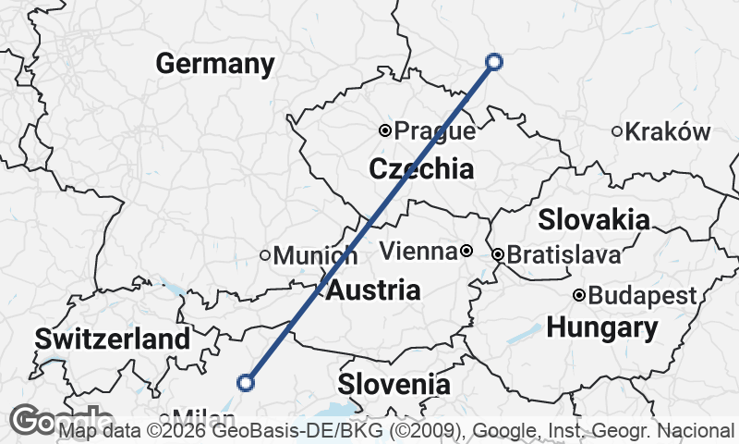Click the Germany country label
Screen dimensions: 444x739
pyautogui.click(x=214, y=65)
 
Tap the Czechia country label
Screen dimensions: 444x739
pyautogui.click(x=421, y=169)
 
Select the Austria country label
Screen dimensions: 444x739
pyautogui.click(x=373, y=290)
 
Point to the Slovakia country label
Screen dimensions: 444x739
pyautogui.click(x=594, y=220)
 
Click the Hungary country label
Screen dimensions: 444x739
pyautogui.click(x=602, y=327)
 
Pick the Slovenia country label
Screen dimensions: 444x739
pyautogui.click(x=394, y=384)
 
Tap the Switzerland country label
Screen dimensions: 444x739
pyautogui.click(x=112, y=339)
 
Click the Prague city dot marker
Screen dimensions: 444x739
pyautogui.click(x=385, y=130)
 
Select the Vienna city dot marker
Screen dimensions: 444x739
pyautogui.click(x=466, y=251)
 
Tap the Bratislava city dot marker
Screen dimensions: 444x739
pyautogui.click(x=498, y=253)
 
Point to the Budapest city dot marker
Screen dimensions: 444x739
pyautogui.click(x=579, y=296)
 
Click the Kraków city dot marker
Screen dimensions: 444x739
pyautogui.click(x=617, y=131)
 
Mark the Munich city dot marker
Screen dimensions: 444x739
pyautogui.click(x=265, y=255)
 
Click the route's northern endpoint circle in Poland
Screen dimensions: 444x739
pyautogui.click(x=493, y=62)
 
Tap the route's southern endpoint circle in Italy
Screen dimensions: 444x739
pyautogui.click(x=246, y=382)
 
